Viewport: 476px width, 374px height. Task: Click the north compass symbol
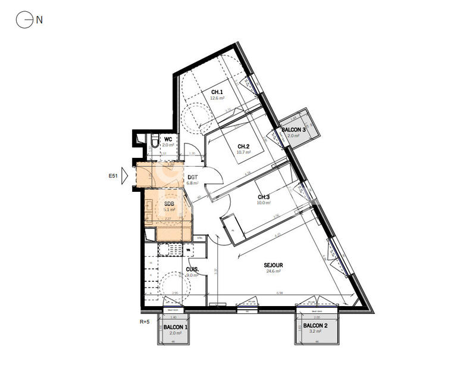tap(24, 20)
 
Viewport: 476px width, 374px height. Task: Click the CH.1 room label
tap(217, 92)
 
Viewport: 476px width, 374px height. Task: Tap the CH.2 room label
tap(243, 147)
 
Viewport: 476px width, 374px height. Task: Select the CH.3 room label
tap(264, 197)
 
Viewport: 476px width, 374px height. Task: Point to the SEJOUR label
tap(274, 265)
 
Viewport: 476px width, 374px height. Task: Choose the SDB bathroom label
tap(170, 204)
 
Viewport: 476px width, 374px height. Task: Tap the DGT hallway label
tap(192, 177)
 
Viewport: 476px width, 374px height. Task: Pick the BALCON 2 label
tap(315, 326)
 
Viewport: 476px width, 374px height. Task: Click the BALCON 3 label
tap(293, 130)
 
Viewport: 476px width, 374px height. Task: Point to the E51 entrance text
tap(113, 176)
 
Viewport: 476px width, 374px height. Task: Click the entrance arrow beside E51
tap(125, 176)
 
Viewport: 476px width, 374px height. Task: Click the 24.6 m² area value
tap(274, 271)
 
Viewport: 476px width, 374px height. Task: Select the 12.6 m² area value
tap(217, 98)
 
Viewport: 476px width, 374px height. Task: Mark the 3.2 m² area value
tap(315, 332)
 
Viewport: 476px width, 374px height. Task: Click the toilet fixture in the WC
tap(154, 141)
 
